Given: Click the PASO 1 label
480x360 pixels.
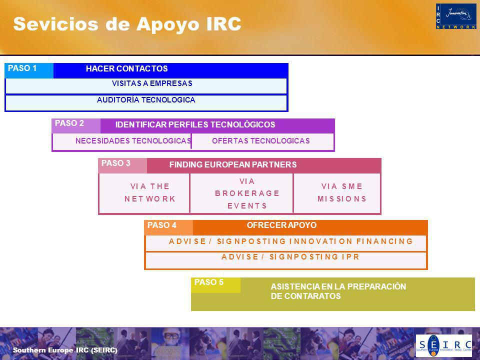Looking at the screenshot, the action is pos(22,68).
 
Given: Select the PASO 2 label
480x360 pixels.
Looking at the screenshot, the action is pos(69,123).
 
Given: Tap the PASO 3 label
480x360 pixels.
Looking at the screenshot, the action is pos(116,163).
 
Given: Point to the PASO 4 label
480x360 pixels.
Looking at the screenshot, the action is pos(162,225).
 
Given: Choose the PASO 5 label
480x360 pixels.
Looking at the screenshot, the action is pos(209,282).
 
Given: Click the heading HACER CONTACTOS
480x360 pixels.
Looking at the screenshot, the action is pos(126,68).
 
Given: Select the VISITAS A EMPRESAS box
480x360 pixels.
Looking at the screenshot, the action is pos(146,86).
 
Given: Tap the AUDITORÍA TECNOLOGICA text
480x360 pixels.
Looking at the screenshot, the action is pos(146,100).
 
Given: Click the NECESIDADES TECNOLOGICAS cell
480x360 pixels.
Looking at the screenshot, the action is pos(122,141).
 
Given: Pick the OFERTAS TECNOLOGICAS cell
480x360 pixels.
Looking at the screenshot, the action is pos(262,141).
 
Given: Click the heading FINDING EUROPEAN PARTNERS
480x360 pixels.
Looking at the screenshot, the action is pos(233,164).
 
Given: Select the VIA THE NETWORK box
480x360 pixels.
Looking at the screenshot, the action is pos(144,193).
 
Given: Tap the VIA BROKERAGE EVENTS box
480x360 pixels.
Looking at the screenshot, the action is pos(241,193).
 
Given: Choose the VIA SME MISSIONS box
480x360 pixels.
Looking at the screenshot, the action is pos(336,193).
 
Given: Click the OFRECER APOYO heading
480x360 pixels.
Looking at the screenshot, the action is pos(281,225).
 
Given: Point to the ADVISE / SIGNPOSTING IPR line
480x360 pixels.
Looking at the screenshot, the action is pos(290,256).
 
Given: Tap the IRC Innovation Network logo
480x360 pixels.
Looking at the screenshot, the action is pos(456,16).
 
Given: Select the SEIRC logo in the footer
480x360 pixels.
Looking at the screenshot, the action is pos(443,345).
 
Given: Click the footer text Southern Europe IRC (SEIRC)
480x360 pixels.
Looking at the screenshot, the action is pos(65,350).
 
